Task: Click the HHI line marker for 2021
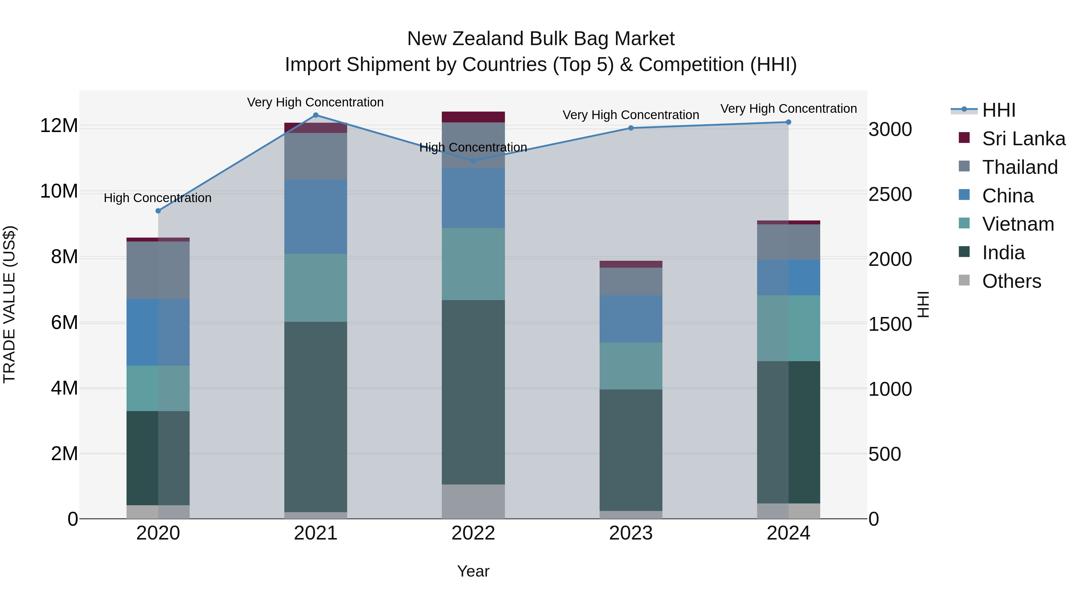point(316,115)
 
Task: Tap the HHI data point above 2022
point(473,161)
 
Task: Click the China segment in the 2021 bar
point(316,217)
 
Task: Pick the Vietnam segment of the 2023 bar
point(631,366)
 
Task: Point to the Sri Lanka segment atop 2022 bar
point(473,117)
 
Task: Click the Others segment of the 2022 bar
point(473,501)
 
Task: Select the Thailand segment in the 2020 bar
point(158,270)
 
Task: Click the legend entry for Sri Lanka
point(1023,139)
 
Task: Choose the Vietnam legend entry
point(1018,224)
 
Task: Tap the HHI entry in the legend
point(998,110)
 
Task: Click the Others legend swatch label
point(1011,281)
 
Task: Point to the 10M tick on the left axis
point(59,191)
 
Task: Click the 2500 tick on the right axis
point(890,194)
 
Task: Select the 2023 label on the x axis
point(631,533)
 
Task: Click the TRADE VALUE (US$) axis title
point(9,304)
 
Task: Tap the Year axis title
point(473,571)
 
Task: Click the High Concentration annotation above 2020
point(157,198)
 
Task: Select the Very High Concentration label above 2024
point(788,109)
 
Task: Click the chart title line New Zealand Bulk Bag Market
point(541,39)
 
